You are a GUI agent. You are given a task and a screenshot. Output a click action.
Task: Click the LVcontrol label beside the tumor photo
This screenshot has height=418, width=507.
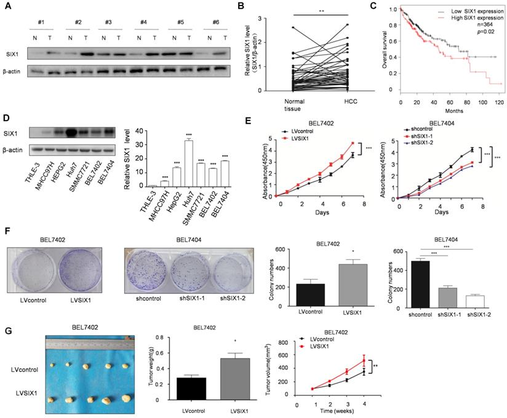click(23, 369)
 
